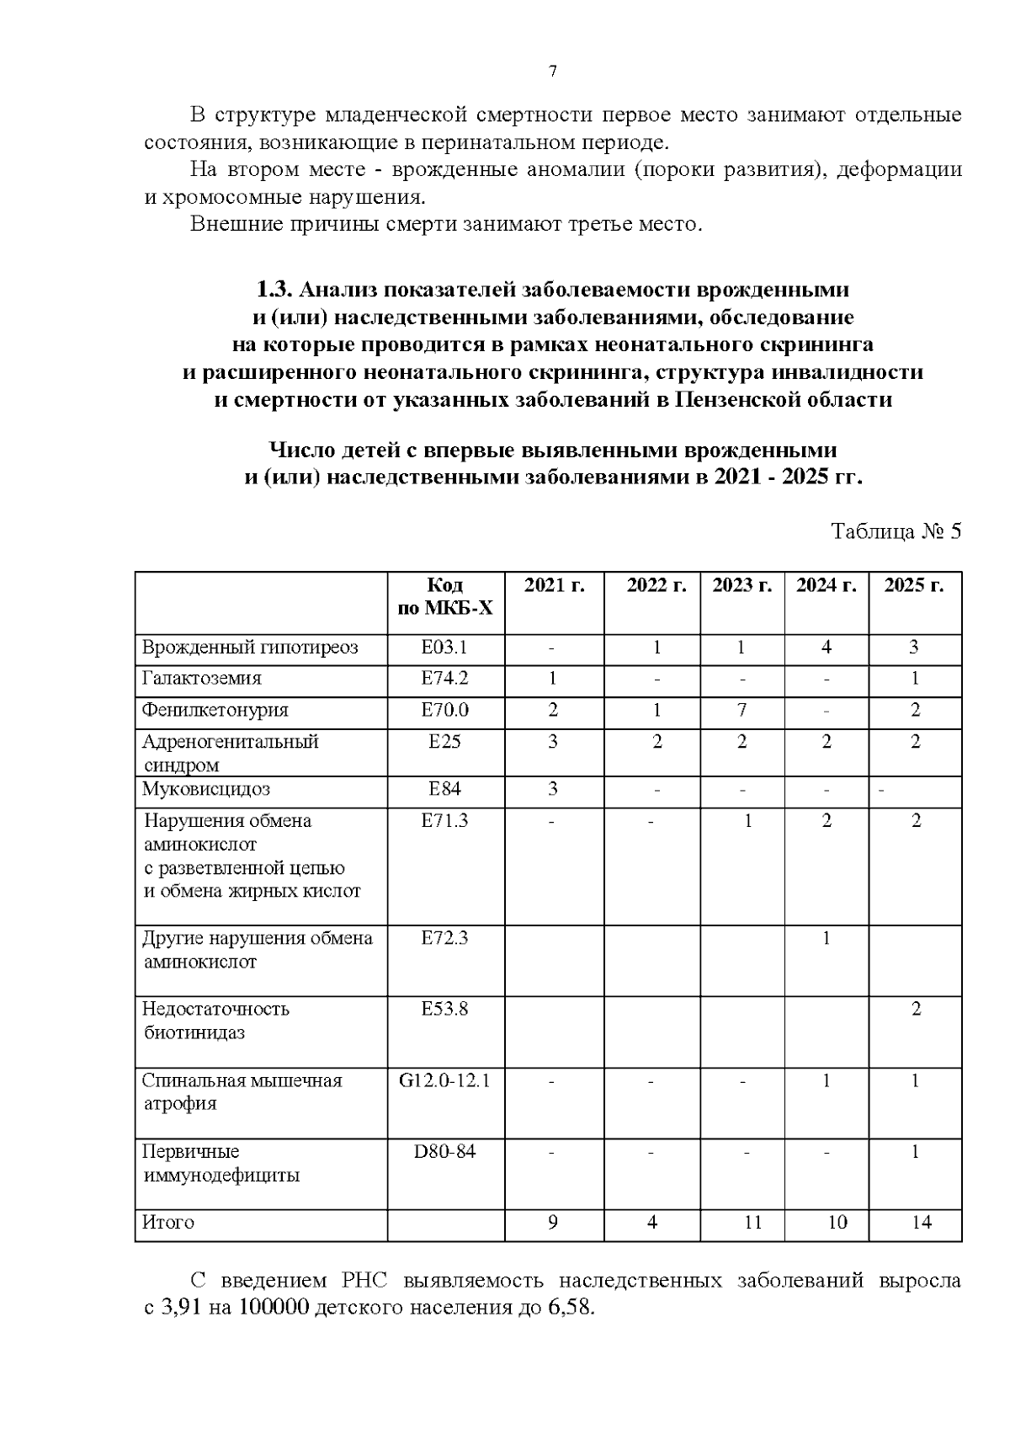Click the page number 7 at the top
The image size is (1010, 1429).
pos(553,72)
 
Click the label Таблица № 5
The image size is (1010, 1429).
pos(896,531)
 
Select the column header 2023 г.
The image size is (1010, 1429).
pos(742,585)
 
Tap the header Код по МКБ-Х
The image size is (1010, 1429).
pos(444,596)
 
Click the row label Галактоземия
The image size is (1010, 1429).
pos(201,678)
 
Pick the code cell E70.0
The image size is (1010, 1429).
pos(444,710)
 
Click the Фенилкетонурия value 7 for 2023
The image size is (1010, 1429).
pos(742,710)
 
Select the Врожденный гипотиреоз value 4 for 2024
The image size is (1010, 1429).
pos(827,647)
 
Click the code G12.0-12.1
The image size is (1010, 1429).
pos(444,1080)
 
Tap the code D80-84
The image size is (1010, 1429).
pos(444,1150)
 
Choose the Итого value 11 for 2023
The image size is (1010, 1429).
pos(752,1222)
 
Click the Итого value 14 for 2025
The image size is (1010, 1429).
pos(922,1222)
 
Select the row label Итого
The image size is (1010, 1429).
pos(168,1222)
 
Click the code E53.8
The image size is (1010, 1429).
pos(444,1008)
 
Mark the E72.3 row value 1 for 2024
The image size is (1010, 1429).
pos(827,937)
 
